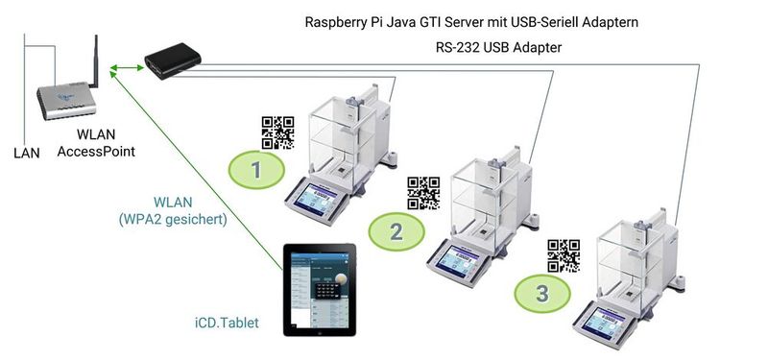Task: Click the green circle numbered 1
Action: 255,170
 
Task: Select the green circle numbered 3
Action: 542,292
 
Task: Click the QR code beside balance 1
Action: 277,132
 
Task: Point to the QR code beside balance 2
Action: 423,193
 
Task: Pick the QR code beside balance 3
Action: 564,255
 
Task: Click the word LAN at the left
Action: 27,152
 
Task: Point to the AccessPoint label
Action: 96,152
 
